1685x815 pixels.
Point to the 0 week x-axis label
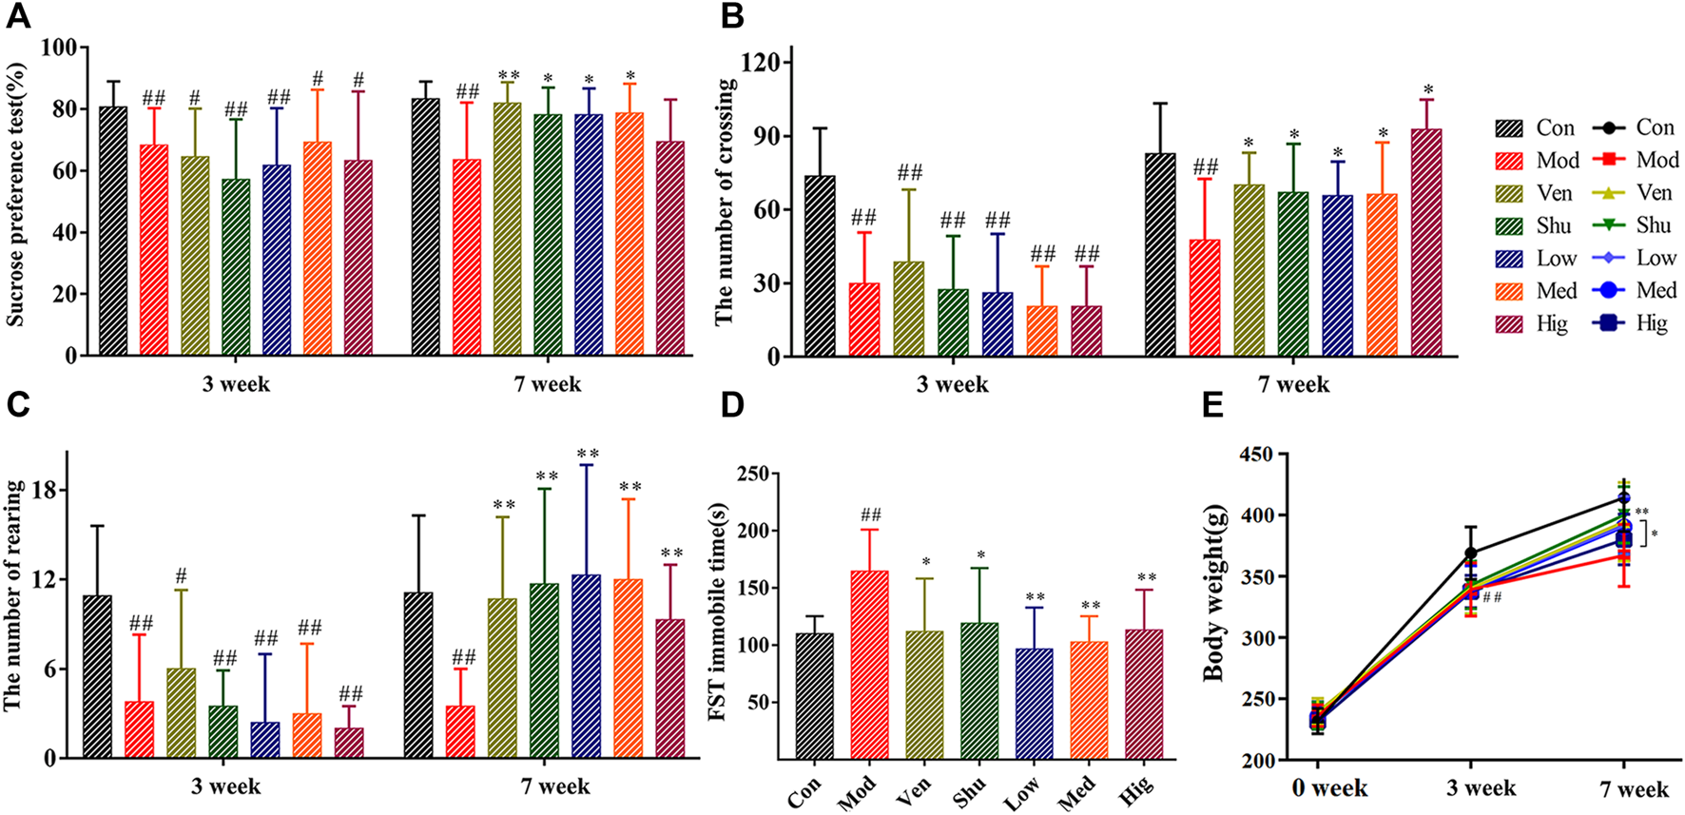point(1328,788)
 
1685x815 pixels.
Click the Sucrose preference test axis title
point(16,195)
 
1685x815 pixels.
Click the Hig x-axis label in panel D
point(1136,790)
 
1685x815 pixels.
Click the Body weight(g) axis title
point(1214,605)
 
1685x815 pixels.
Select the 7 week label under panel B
point(1293,385)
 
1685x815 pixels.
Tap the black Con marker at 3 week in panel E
point(1470,553)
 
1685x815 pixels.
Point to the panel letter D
point(732,405)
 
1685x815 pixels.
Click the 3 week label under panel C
point(225,787)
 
